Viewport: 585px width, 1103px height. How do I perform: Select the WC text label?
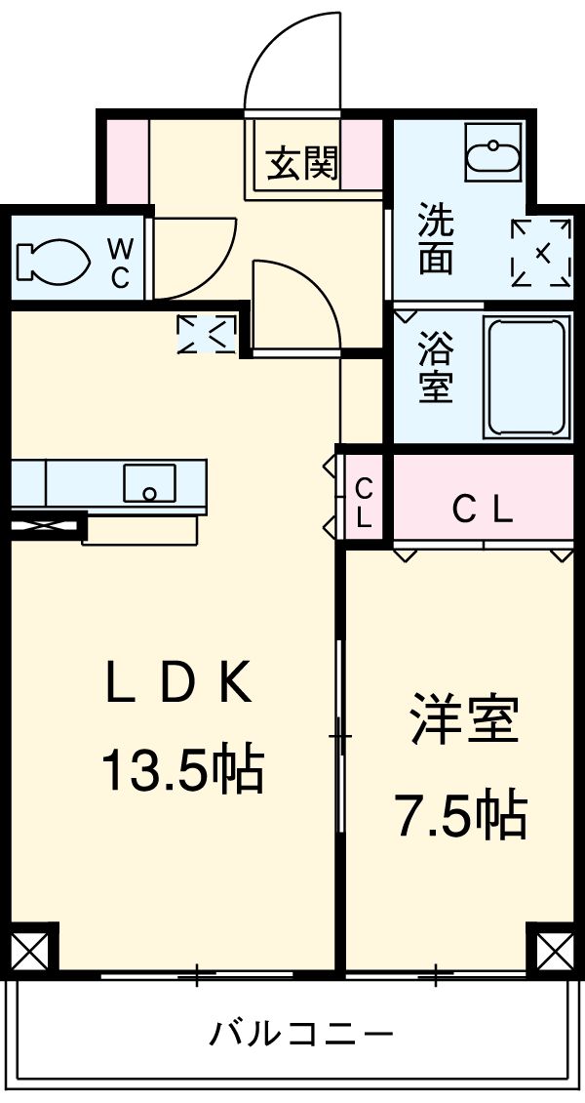(118, 261)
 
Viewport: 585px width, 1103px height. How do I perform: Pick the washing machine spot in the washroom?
(542, 253)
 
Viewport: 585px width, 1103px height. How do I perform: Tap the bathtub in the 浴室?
(526, 376)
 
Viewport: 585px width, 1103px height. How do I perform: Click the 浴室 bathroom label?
(436, 370)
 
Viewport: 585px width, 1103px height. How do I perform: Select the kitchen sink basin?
(149, 482)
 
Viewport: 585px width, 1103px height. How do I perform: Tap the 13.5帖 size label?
(181, 770)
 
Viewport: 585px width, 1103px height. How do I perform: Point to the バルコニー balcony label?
(301, 1032)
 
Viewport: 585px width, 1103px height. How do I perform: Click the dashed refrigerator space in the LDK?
(207, 335)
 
